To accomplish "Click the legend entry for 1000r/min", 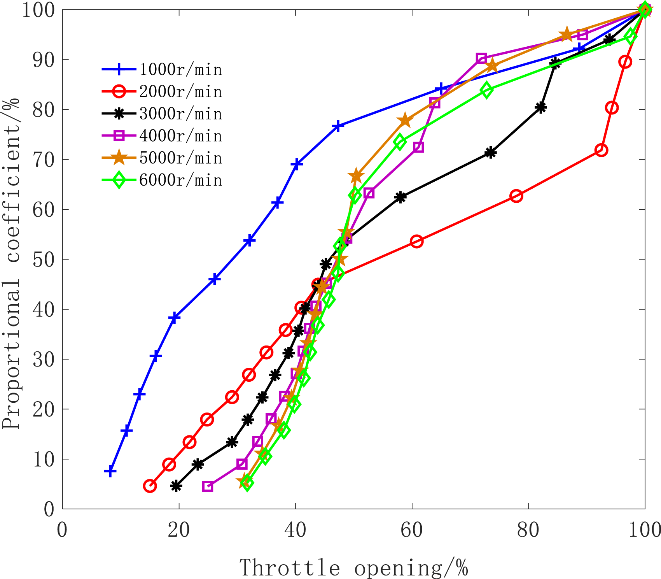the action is point(162,70).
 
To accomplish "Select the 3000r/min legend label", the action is point(162,114).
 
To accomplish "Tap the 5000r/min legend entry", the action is point(162,158).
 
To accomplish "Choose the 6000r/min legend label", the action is point(162,180).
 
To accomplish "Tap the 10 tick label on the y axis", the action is point(43,459).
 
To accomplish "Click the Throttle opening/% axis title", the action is point(353,567).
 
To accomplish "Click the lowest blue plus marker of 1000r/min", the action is point(110,472).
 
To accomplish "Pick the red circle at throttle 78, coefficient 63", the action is point(516,196).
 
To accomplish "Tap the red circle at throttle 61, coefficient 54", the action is point(417,242).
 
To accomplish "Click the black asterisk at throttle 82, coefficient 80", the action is point(541,108).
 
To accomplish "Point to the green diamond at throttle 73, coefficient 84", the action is point(486,90).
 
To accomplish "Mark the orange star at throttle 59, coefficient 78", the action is point(405,120).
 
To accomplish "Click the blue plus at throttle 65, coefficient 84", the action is point(441,89).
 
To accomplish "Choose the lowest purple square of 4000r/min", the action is point(208,486).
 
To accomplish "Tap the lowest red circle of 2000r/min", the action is point(150,486).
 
